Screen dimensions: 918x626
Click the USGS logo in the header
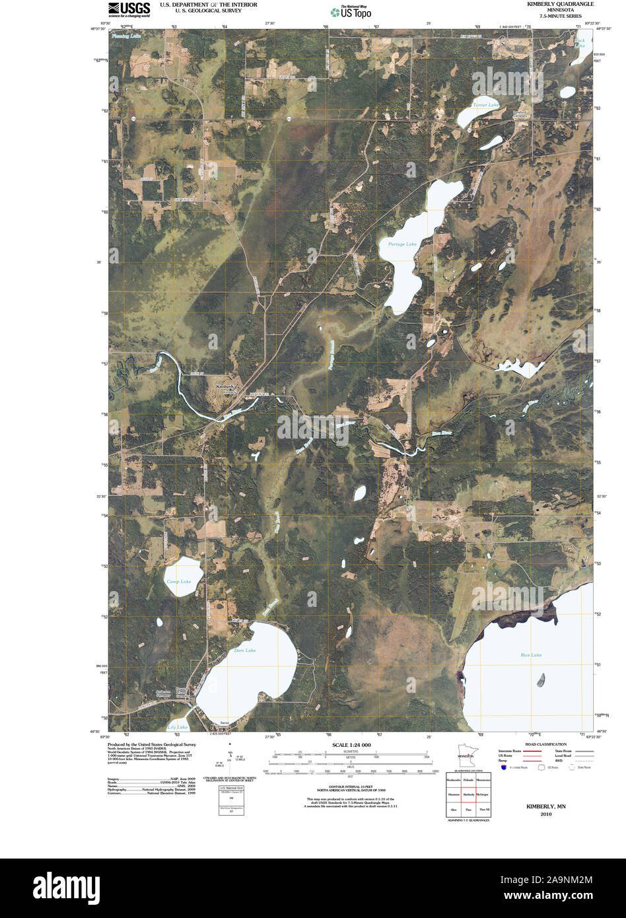tap(129, 9)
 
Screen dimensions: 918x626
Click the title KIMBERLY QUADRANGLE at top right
tap(559, 4)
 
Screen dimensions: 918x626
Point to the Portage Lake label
tap(402, 244)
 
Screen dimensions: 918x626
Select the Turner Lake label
tap(485, 106)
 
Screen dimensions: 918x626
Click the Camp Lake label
tap(178, 582)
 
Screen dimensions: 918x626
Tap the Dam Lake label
tap(244, 651)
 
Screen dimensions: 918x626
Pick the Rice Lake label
tap(531, 655)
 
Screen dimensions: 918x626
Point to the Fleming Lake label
tap(126, 36)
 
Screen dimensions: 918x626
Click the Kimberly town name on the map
tap(226, 386)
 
